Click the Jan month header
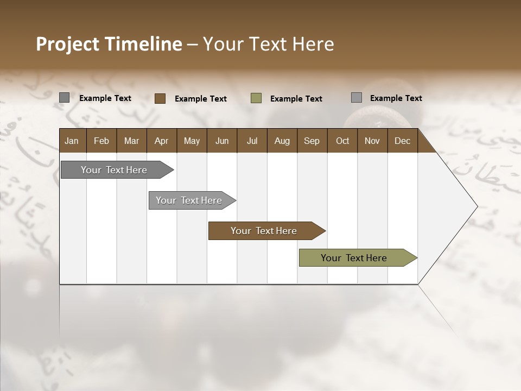tap(72, 141)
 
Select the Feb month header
tap(101, 141)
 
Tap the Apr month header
tap(161, 141)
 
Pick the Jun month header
tap(222, 141)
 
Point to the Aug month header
tap(282, 141)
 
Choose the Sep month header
tap(312, 141)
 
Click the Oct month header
tap(342, 141)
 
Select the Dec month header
tap(402, 141)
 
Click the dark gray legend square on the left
tap(65, 98)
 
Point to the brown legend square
tap(160, 98)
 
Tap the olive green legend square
tap(256, 98)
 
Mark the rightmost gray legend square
tap(357, 98)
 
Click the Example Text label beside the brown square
tap(201, 99)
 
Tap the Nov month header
tap(372, 141)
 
